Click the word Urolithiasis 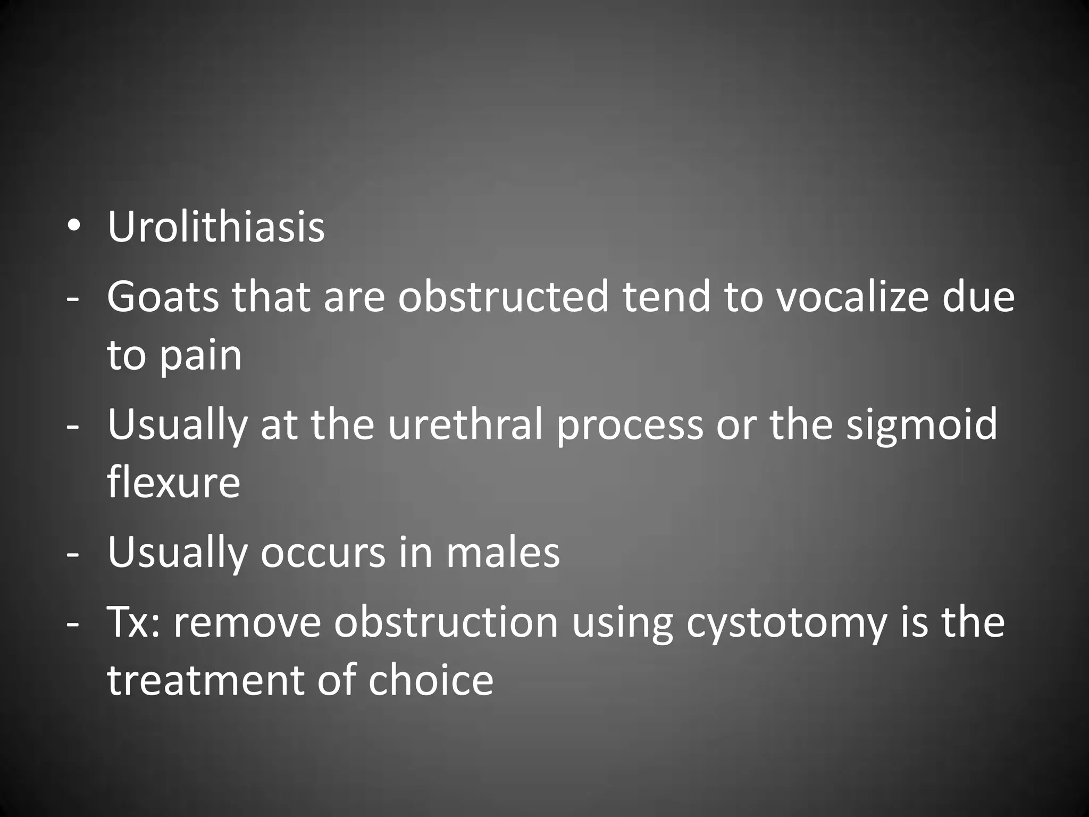216,228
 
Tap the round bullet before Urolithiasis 73,227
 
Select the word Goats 163,297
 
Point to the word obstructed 503,297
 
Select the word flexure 173,483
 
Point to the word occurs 323,553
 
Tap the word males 503,553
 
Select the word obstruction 446,622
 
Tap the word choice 431,681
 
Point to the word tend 667,297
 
